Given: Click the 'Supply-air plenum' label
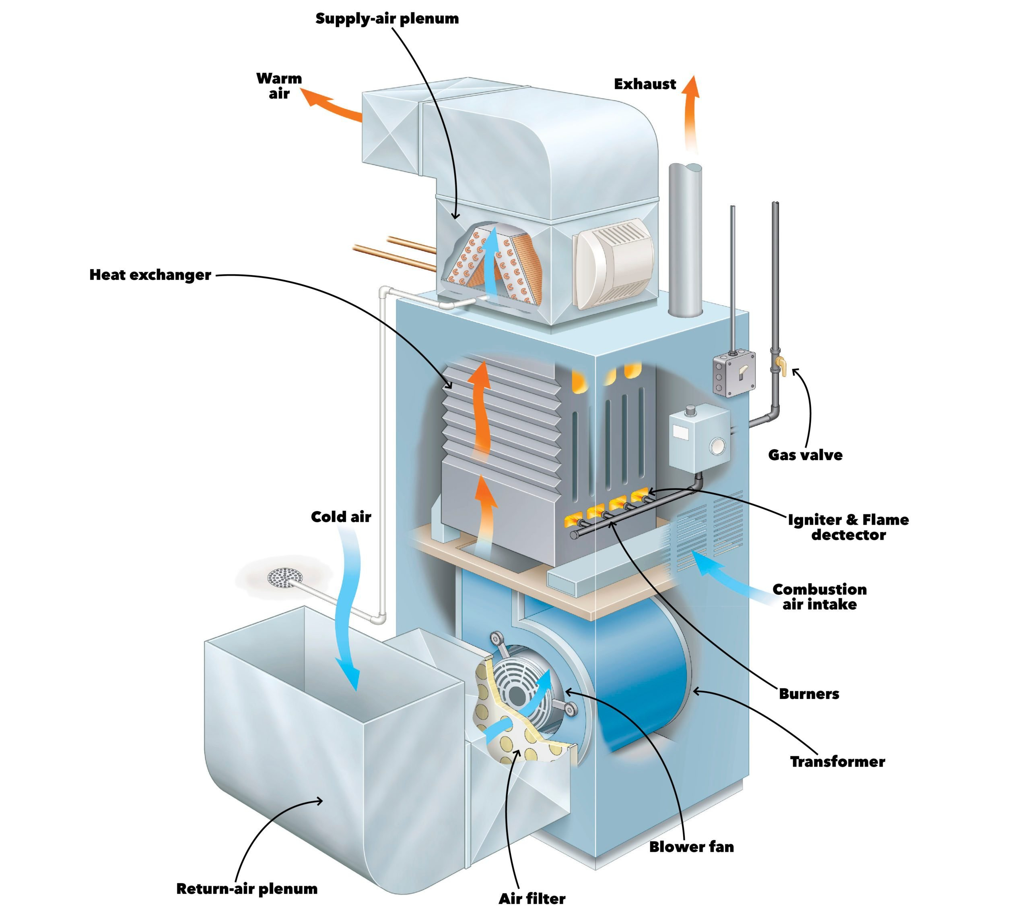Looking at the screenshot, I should pos(387,19).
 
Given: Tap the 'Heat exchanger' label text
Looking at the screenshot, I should pos(150,275).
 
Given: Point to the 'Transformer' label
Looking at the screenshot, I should pos(837,762).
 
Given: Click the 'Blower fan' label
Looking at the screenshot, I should pos(691,847).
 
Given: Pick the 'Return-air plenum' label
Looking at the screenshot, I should pos(247,889).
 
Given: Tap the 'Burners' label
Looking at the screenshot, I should pos(809,694).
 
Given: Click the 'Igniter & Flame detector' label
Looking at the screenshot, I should pos(848,527).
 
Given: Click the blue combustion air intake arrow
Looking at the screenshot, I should pos(731,575).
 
